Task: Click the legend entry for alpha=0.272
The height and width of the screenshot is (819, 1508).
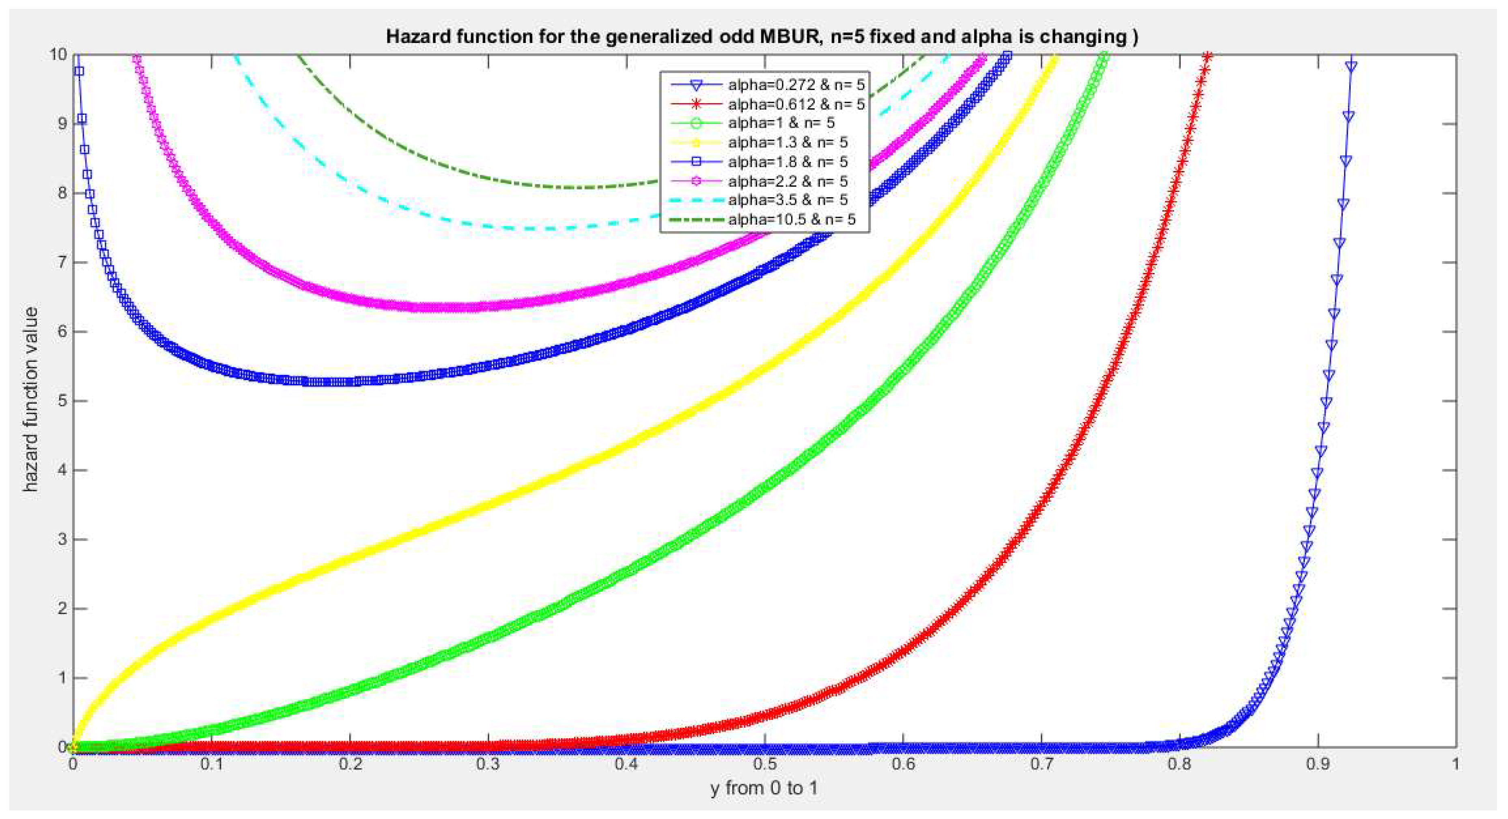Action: pyautogui.click(x=796, y=85)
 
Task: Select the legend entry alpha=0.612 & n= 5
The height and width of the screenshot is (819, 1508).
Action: pyautogui.click(x=796, y=104)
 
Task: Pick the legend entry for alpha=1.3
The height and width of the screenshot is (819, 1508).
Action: pyautogui.click(x=787, y=142)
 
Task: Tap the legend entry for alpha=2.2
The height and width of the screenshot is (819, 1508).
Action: pyautogui.click(x=787, y=181)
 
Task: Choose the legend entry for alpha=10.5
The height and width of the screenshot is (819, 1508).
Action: pyautogui.click(x=792, y=219)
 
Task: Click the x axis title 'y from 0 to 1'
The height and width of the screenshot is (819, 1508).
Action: pyautogui.click(x=764, y=788)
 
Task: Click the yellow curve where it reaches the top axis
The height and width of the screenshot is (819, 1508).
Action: pyautogui.click(x=1054, y=56)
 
